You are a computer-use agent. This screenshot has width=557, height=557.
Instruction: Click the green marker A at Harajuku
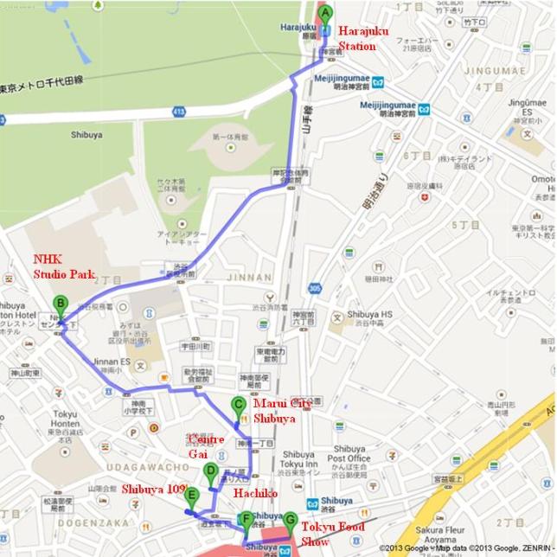coord(326,15)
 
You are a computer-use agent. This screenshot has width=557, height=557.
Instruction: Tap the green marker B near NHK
coord(60,304)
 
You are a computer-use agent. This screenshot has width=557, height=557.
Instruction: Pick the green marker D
coord(210,472)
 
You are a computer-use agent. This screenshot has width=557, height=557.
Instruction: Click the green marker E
coord(192,496)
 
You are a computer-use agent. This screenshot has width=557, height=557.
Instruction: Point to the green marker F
coord(247,521)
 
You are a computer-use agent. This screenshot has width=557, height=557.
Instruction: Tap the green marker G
coord(290,521)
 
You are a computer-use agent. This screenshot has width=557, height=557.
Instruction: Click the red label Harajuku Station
coord(363,39)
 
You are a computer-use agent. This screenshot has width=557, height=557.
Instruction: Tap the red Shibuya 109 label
coord(153,490)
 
